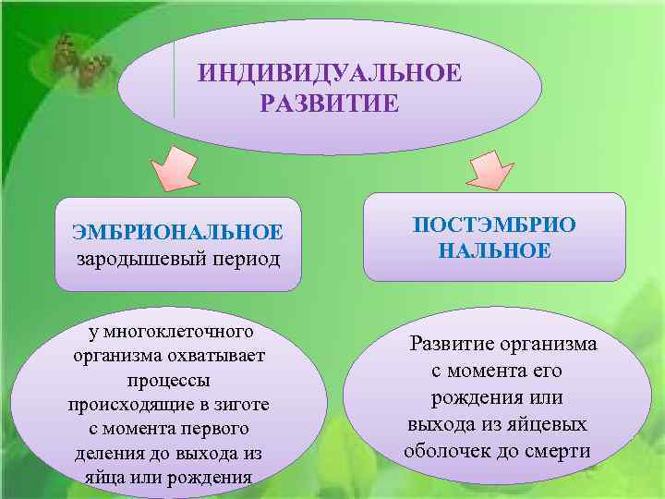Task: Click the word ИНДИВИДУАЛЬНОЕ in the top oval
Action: pos(330,72)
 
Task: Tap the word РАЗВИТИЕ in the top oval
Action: pos(330,101)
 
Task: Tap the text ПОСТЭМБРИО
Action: pos(494,225)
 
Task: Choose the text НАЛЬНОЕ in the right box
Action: pos(494,250)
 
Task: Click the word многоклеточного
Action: pos(177,331)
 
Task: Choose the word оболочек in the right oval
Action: pos(445,451)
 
